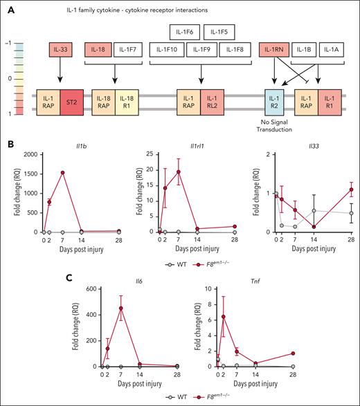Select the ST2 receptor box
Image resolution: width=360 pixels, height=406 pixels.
tap(72, 102)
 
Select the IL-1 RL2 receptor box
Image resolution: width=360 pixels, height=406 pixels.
tap(213, 102)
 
